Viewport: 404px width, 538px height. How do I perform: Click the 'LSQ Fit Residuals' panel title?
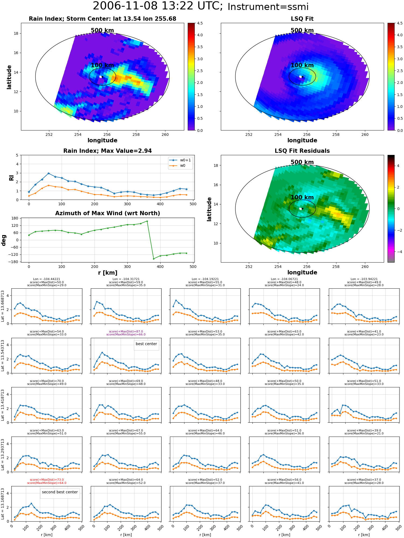pos(302,151)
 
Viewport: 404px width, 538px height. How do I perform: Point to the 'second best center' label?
pos(60,492)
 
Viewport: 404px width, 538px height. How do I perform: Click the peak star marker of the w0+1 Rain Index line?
pos(48,174)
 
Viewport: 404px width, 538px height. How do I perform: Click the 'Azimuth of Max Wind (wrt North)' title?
pos(107,213)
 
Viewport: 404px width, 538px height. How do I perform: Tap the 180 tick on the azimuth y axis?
pos(15,218)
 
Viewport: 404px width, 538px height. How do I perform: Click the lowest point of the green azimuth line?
pos(154,259)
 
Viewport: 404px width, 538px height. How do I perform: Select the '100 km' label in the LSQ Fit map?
pos(302,65)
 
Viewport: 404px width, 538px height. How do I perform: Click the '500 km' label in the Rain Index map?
pos(102,30)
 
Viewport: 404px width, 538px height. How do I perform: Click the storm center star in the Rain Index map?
pos(102,77)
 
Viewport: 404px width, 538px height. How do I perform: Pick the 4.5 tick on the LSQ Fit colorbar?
pos(399,23)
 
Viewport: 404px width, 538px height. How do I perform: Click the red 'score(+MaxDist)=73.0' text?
pos(47,480)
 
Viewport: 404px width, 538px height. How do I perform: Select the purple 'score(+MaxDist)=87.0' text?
pos(126,332)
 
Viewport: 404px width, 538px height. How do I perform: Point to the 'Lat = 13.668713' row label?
pos(3,306)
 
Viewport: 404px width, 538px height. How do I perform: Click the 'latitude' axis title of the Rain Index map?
pos(9,77)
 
